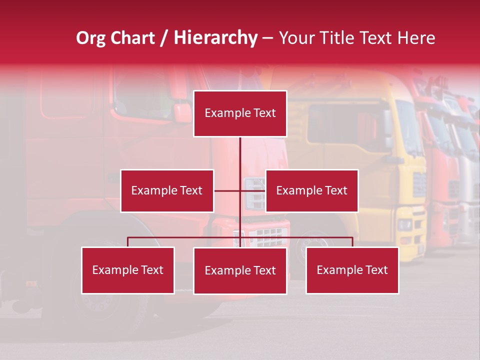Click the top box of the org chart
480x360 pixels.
240,113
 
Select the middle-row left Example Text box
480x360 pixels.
167,190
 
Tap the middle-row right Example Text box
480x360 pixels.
311,190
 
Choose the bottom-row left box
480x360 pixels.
128,270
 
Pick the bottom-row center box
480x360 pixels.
240,270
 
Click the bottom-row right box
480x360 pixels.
352,270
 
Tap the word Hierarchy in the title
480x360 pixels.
215,38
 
